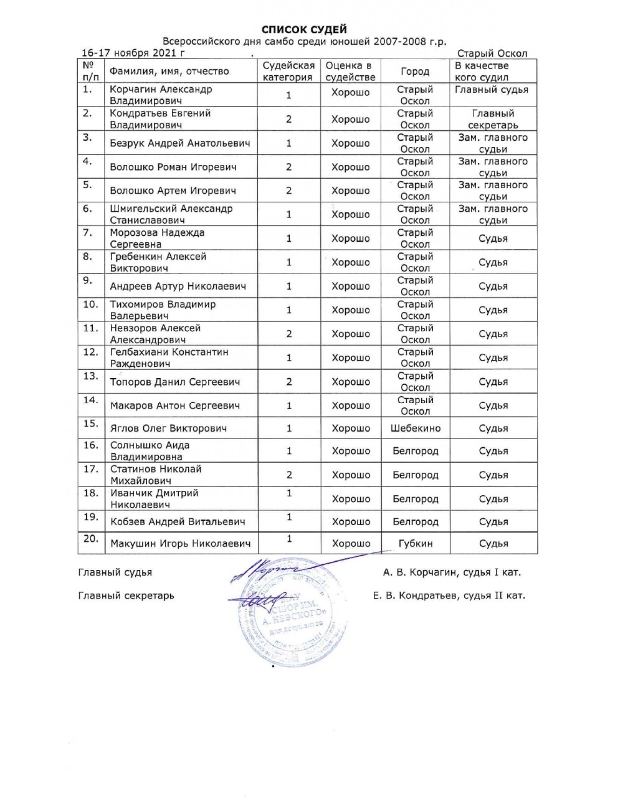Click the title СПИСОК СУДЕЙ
tap(303, 29)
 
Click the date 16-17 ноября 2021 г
tap(133, 53)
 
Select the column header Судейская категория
tap(288, 72)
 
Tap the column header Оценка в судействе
tap(350, 72)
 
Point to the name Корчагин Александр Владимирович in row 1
tap(161, 95)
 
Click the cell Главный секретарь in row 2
tap(493, 119)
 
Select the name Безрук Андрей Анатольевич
tap(180, 143)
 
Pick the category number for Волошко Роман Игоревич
tap(288, 167)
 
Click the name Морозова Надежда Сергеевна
tap(157, 239)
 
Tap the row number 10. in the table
tap(91, 305)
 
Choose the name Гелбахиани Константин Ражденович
tap(169, 358)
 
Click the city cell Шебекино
tap(416, 428)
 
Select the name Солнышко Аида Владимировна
tap(150, 451)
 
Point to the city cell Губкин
tap(416, 543)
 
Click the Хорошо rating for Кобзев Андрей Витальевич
tap(351, 522)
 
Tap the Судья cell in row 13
tap(493, 382)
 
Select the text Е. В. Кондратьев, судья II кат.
tap(449, 595)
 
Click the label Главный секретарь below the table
tap(126, 595)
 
